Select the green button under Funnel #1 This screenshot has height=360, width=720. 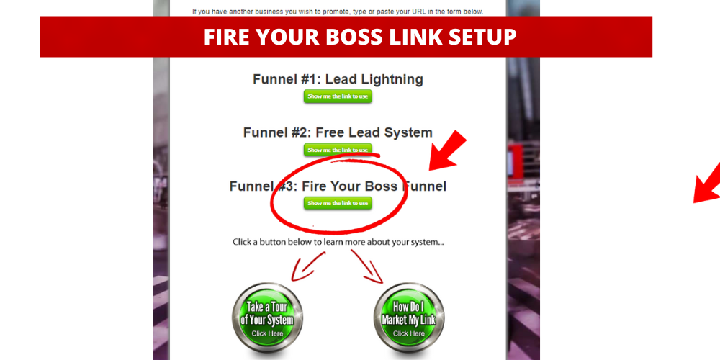[338, 96]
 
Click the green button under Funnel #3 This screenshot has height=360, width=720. [338, 203]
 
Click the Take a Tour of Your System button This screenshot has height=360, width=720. [268, 318]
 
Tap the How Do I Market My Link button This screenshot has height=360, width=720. [409, 318]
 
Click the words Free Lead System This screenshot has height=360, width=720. [374, 132]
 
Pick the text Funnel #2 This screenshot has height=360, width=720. [276, 132]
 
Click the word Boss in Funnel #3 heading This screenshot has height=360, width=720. [381, 186]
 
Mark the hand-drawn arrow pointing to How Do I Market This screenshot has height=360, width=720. [369, 266]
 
